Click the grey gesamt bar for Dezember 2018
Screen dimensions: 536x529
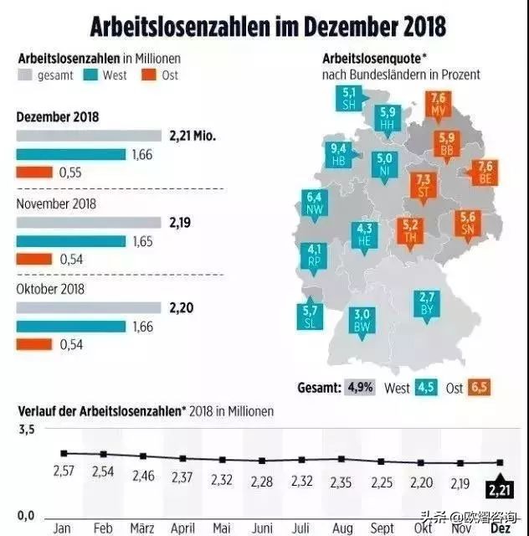(x=89, y=136)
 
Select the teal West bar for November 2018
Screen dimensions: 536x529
(x=71, y=241)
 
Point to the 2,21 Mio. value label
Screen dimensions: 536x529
(x=193, y=135)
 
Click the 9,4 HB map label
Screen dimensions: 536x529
(x=339, y=155)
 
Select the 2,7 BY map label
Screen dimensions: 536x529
(x=427, y=302)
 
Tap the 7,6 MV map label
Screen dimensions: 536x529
(x=437, y=104)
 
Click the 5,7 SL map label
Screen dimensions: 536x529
(x=311, y=316)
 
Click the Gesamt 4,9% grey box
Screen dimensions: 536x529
(x=361, y=388)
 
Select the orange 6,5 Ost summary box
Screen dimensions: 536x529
(x=479, y=388)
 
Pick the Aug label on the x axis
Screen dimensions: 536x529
(x=342, y=528)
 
